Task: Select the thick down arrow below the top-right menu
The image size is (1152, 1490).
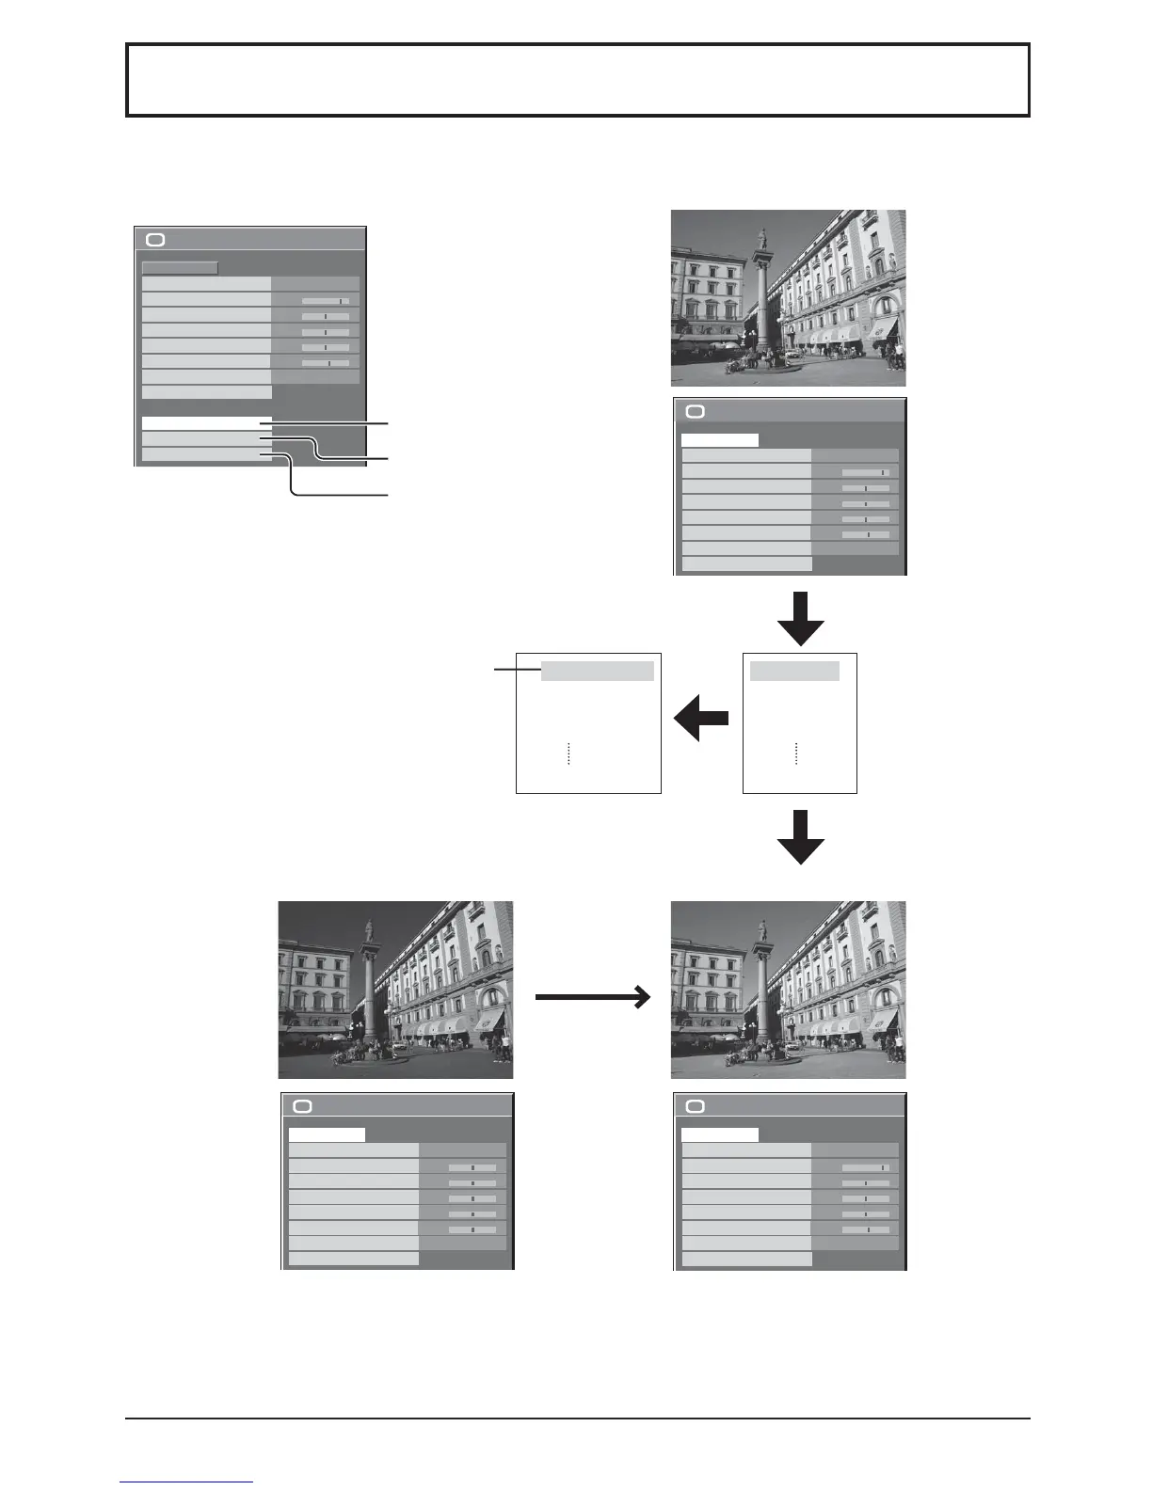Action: point(801,618)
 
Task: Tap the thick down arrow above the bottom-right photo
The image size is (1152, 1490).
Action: point(801,836)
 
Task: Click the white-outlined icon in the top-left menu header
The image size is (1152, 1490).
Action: point(155,240)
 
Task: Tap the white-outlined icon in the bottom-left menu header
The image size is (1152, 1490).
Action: point(302,1106)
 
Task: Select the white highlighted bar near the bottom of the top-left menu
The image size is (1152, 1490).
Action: point(206,423)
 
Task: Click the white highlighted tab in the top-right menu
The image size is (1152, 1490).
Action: point(719,439)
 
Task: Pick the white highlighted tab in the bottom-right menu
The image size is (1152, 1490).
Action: point(719,1134)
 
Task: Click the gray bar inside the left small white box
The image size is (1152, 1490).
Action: point(597,671)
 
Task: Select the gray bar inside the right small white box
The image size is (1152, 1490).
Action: point(794,671)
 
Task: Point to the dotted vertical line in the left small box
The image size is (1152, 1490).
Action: point(569,753)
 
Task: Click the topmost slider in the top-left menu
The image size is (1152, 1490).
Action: point(325,301)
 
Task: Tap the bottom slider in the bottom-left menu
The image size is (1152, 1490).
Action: point(472,1229)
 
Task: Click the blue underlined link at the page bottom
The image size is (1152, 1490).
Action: point(186,1482)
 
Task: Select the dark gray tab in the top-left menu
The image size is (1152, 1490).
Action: point(180,267)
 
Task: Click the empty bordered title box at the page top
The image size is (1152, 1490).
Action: point(577,80)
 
